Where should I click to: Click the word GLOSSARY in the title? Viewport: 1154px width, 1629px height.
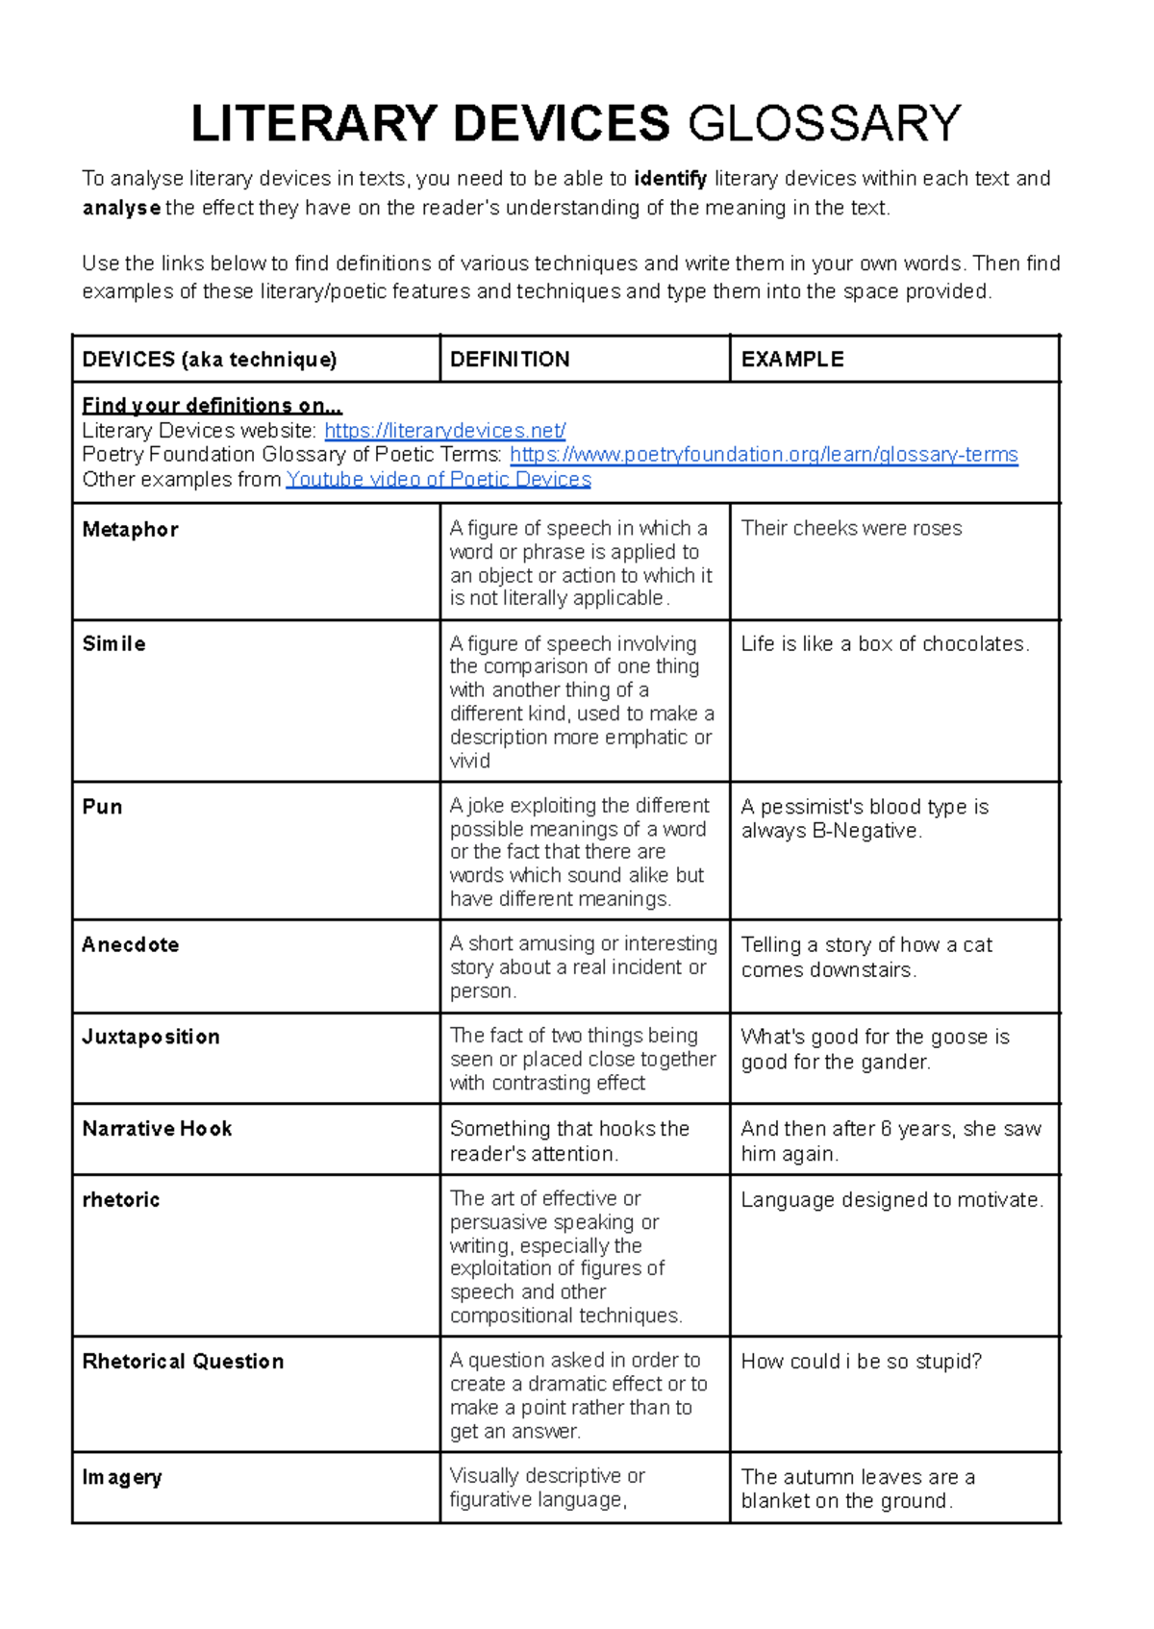824,124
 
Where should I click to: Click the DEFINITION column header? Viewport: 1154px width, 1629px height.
510,360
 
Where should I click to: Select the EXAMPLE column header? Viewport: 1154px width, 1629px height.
792,360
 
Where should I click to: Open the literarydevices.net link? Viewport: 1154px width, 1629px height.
445,431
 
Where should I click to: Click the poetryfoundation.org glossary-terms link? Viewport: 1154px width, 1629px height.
764,455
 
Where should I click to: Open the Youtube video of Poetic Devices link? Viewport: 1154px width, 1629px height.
439,480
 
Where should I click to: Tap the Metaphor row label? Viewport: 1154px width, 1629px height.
131,530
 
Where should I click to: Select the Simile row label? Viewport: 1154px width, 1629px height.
114,644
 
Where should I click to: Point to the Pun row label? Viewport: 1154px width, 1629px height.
103,807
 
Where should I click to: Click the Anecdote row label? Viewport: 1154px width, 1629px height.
131,945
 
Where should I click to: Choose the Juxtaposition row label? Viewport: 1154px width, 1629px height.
151,1038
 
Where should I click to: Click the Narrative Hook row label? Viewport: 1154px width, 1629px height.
158,1129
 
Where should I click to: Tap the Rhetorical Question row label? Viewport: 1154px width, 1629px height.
184,1362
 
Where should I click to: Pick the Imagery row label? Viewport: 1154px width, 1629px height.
122,1478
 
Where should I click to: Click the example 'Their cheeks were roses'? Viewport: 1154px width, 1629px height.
851,529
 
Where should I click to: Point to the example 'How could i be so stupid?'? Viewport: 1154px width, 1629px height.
862,1362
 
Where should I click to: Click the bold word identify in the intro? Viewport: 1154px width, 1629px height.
670,179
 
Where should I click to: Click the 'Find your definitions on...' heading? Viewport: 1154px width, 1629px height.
212,406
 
